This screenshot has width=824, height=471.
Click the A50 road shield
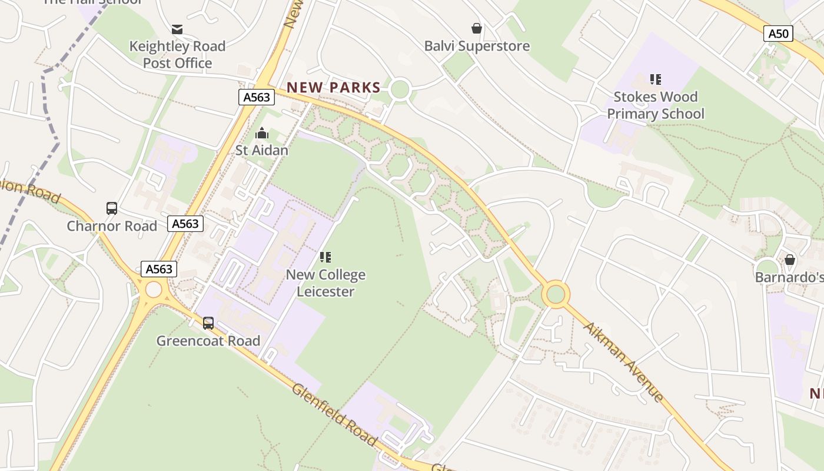point(778,34)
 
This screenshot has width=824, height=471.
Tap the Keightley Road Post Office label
point(177,55)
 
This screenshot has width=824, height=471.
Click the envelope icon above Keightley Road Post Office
point(177,29)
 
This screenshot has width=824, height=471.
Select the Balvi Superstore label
point(477,46)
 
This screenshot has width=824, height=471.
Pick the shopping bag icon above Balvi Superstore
point(477,28)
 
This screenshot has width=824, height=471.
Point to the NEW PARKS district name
point(333,88)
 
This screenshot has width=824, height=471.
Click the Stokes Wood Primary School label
point(655,105)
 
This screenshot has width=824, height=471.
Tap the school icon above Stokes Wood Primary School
point(655,79)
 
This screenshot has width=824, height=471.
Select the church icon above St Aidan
point(262,134)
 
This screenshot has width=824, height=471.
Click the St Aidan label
point(262,150)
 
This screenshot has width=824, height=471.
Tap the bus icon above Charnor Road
point(112,208)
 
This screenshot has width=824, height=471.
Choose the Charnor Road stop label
point(112,226)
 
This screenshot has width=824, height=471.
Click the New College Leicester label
point(325,283)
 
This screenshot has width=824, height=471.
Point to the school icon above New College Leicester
point(325,257)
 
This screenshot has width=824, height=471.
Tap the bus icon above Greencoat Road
point(208,323)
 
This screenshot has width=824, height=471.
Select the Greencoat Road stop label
point(208,341)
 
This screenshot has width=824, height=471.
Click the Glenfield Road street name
point(334,414)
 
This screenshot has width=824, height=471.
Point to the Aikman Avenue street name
point(623,361)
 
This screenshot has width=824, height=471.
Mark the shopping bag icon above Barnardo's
point(790,260)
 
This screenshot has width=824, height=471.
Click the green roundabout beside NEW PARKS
point(400,90)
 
